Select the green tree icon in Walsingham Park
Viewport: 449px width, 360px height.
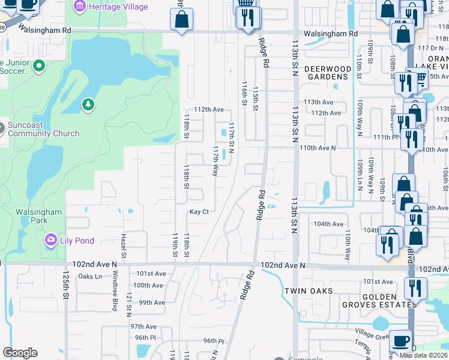88,106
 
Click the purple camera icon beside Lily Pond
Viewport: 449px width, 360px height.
51,241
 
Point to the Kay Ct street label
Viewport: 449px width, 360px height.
199,212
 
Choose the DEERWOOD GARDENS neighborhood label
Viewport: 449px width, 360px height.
327,73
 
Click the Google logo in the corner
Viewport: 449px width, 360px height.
20,353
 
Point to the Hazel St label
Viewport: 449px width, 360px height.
124,247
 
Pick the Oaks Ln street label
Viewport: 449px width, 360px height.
90,277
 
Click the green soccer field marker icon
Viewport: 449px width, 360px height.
40,65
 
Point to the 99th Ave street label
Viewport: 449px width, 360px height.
152,302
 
